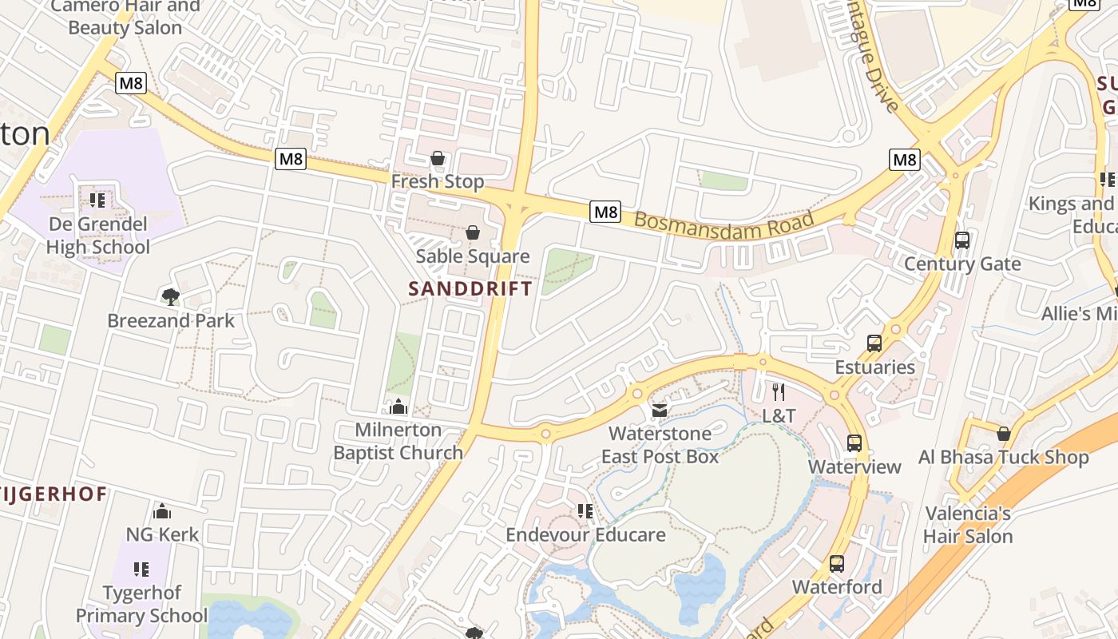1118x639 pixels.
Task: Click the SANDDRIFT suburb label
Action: click(x=470, y=288)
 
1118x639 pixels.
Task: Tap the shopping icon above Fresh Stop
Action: click(x=438, y=159)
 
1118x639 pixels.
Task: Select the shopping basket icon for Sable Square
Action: click(x=473, y=232)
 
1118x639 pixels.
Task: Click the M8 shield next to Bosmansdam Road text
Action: click(x=605, y=212)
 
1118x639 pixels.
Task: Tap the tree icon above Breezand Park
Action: click(x=170, y=297)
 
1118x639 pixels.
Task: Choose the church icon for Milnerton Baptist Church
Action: click(x=398, y=407)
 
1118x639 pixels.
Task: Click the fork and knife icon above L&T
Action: click(x=779, y=392)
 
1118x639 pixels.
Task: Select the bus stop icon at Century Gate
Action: click(x=962, y=240)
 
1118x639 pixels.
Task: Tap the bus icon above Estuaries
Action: click(x=874, y=343)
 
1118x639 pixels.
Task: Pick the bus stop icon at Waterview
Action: click(x=854, y=443)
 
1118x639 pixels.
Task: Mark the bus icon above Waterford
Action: click(x=837, y=564)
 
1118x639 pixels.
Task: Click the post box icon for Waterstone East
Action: click(x=660, y=411)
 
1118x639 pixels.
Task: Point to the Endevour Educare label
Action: click(x=585, y=534)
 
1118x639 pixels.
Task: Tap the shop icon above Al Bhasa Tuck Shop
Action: click(x=1004, y=434)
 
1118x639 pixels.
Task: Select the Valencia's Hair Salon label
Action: click(x=968, y=525)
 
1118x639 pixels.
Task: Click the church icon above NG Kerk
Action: click(x=162, y=511)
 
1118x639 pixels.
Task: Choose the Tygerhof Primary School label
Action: click(x=141, y=605)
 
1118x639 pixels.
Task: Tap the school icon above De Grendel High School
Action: click(x=97, y=200)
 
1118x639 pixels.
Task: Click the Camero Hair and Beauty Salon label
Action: click(x=125, y=17)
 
